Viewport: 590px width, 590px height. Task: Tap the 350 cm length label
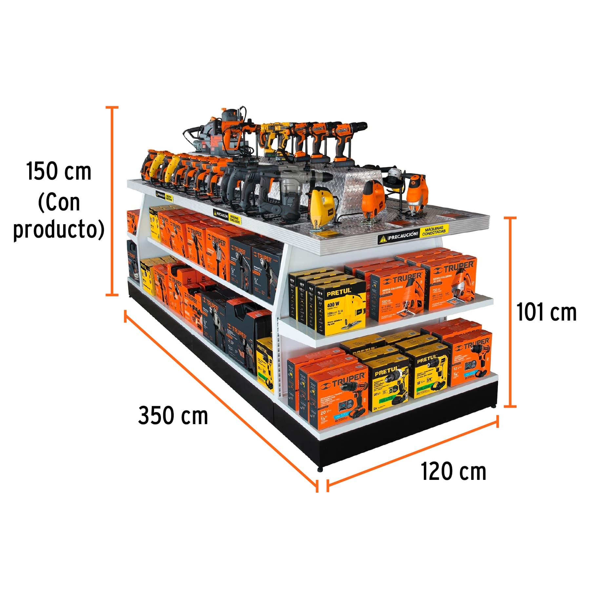pos(173,416)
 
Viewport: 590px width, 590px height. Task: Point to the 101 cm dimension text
pos(546,312)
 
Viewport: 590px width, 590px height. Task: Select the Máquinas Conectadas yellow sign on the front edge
pos(434,231)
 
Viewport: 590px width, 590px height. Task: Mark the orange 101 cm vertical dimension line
pos(510,311)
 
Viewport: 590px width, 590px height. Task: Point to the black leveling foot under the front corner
pos(320,469)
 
